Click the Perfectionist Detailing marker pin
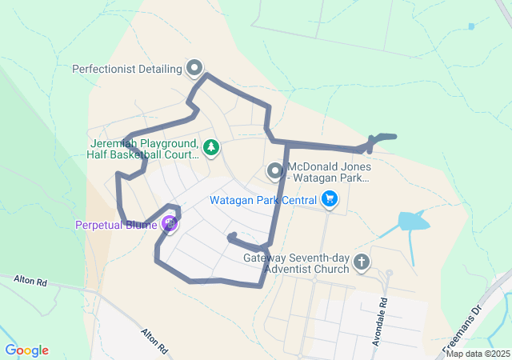tap(194, 68)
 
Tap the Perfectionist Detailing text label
tap(127, 69)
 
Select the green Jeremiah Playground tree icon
tap(210, 147)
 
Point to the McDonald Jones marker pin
tap(275, 171)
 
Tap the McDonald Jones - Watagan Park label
tap(327, 172)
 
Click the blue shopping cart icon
tap(329, 199)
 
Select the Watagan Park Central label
tap(263, 200)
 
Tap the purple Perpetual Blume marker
tap(169, 224)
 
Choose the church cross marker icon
tap(362, 262)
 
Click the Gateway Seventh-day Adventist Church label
tap(297, 263)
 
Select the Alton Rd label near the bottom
tap(154, 340)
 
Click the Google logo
tap(26, 350)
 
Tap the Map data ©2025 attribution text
tap(478, 354)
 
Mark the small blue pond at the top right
tap(471, 26)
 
